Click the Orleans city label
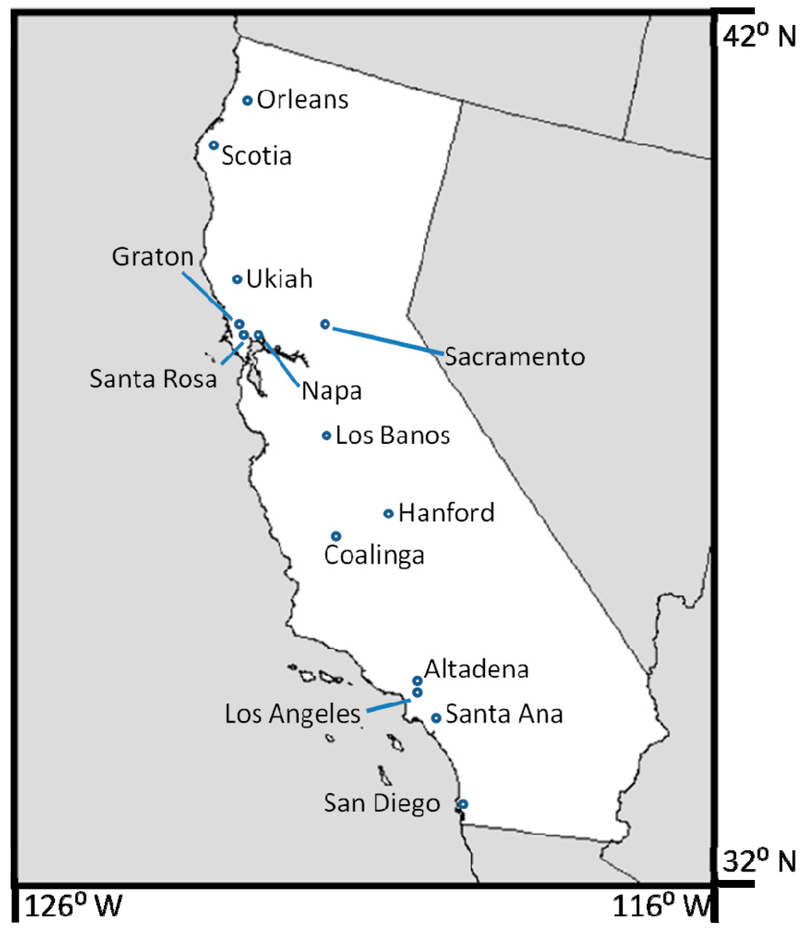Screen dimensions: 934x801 click(x=302, y=100)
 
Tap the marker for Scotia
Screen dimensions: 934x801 click(x=214, y=145)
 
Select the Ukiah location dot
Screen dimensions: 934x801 click(x=237, y=279)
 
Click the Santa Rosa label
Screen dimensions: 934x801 click(x=153, y=379)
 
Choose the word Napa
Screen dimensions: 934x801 click(x=332, y=391)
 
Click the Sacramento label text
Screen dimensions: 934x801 click(x=515, y=357)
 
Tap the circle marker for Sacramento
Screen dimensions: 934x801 click(x=325, y=324)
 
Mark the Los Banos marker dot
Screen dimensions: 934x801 click(x=327, y=435)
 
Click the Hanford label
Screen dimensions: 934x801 click(x=446, y=513)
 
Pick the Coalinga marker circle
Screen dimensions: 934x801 click(x=336, y=536)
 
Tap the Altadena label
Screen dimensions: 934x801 click(x=476, y=669)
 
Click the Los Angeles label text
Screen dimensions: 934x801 click(x=293, y=714)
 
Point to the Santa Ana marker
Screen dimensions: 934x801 click(x=436, y=717)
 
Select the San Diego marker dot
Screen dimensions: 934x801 click(x=463, y=804)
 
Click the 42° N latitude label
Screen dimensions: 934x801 click(x=758, y=36)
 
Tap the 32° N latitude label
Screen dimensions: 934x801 click(x=758, y=862)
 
